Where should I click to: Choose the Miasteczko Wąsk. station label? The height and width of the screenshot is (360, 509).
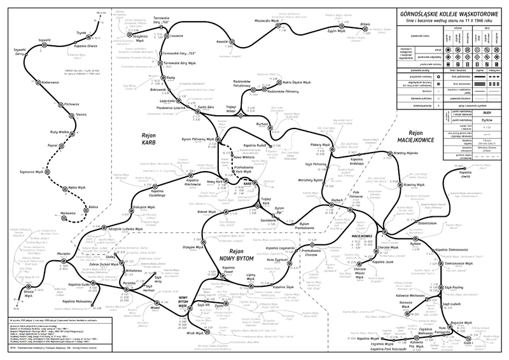tap(267, 20)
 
